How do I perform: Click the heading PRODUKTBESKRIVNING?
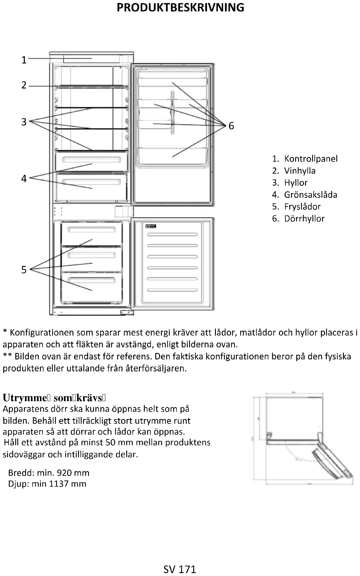[x=180, y=8]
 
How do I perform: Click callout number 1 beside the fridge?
[x=24, y=60]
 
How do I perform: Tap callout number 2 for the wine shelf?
[x=24, y=85]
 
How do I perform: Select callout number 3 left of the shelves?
[x=24, y=122]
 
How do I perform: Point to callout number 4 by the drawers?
[x=24, y=178]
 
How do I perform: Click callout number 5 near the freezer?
[x=24, y=270]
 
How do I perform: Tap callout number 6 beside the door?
[x=231, y=126]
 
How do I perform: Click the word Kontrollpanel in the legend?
[x=311, y=159]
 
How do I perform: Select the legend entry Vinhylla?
[x=300, y=171]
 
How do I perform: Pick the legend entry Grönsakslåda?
[x=310, y=195]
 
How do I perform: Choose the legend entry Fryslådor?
[x=302, y=207]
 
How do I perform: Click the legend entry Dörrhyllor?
[x=304, y=219]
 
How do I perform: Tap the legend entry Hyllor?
[x=296, y=183]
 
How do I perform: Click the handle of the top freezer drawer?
[x=92, y=230]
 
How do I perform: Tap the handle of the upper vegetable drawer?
[x=92, y=160]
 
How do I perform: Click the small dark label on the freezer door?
[x=151, y=226]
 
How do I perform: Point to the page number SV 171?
[x=180, y=569]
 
